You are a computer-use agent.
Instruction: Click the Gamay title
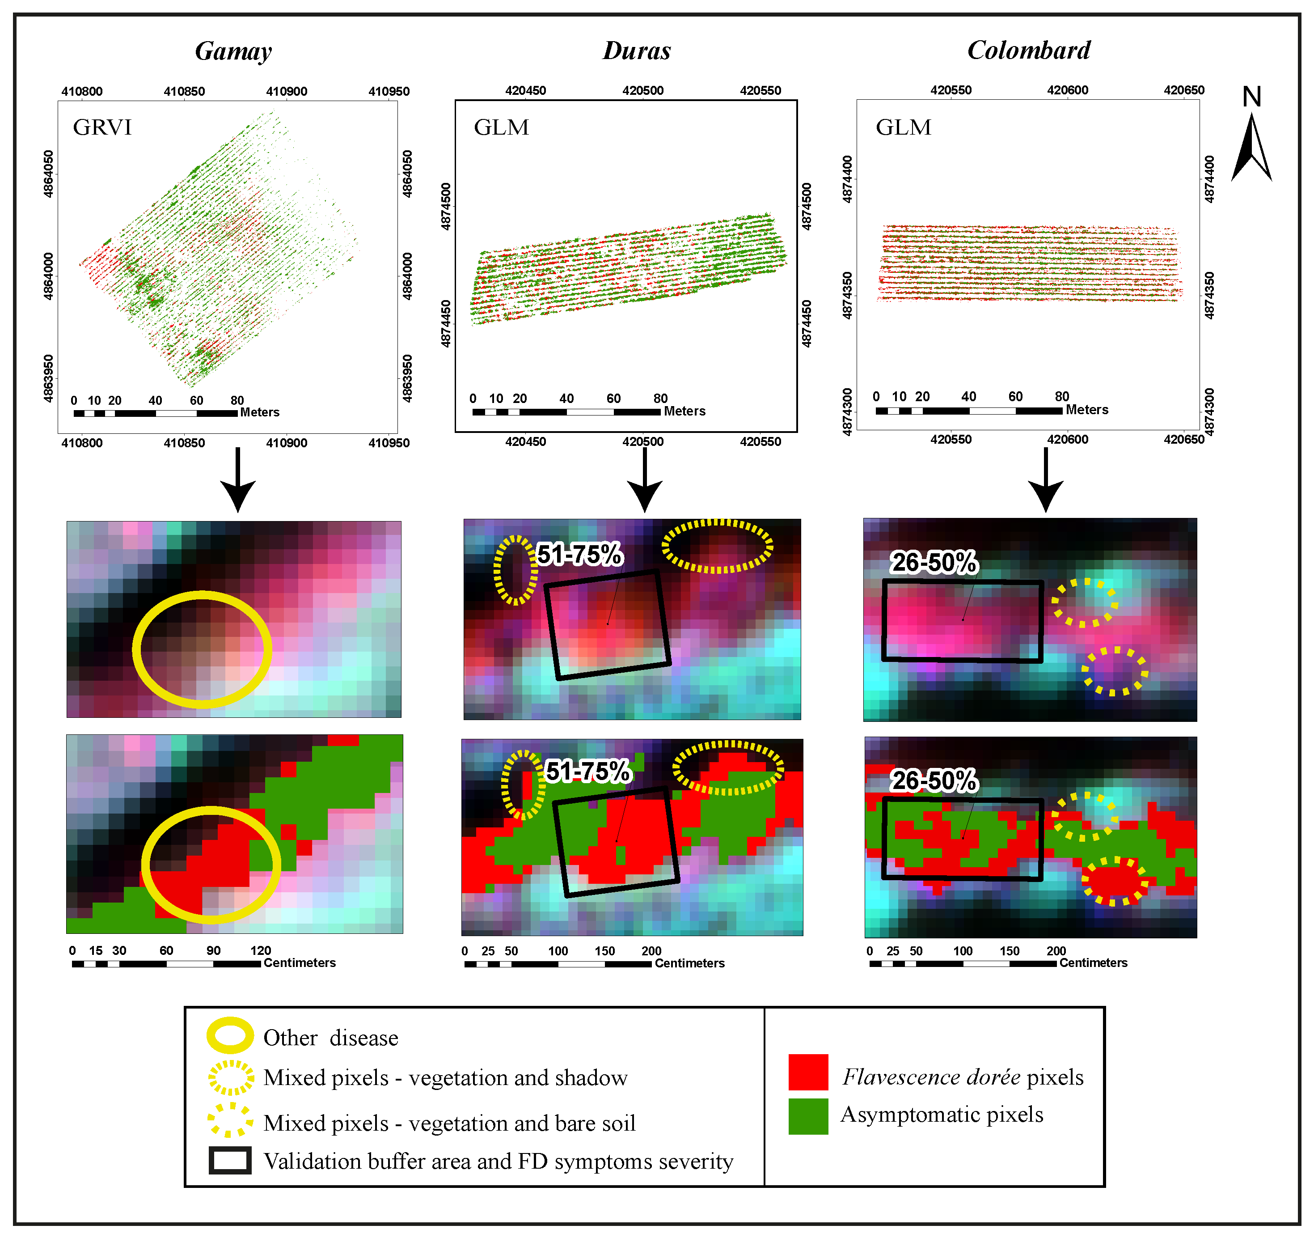pos(233,51)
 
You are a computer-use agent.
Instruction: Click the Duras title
pos(637,51)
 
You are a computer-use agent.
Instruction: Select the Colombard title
pos(1028,50)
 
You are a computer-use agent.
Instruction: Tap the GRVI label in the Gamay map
pos(102,127)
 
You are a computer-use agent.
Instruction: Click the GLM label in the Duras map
pos(501,127)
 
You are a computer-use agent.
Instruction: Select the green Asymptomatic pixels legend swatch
pos(808,1117)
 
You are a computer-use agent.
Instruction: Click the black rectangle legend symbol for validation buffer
pos(230,1161)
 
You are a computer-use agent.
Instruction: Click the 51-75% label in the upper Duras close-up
pos(580,554)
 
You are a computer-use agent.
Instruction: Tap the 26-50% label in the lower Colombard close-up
pos(933,780)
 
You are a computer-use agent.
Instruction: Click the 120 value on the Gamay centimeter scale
pos(261,950)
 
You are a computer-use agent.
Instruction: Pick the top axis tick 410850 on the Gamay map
pos(184,91)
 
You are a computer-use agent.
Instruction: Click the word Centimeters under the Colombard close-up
pos(1093,963)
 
